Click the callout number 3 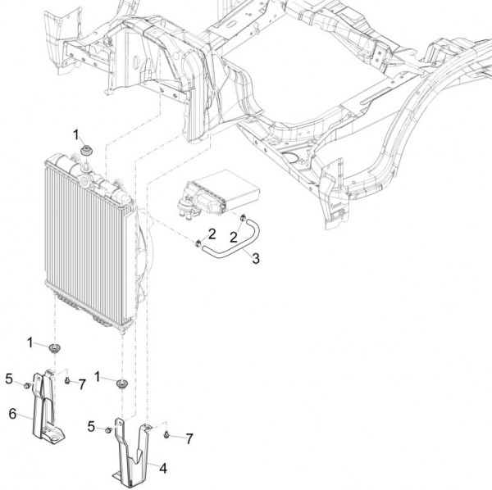tap(257, 259)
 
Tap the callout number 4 tap(163, 469)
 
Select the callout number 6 tap(13, 414)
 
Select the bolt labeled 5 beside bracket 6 tap(28, 384)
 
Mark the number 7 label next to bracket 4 tap(189, 440)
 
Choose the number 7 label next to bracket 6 tap(82, 384)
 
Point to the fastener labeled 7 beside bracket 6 tap(66, 380)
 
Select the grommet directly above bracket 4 tap(122, 385)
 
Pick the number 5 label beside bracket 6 tap(8, 379)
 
